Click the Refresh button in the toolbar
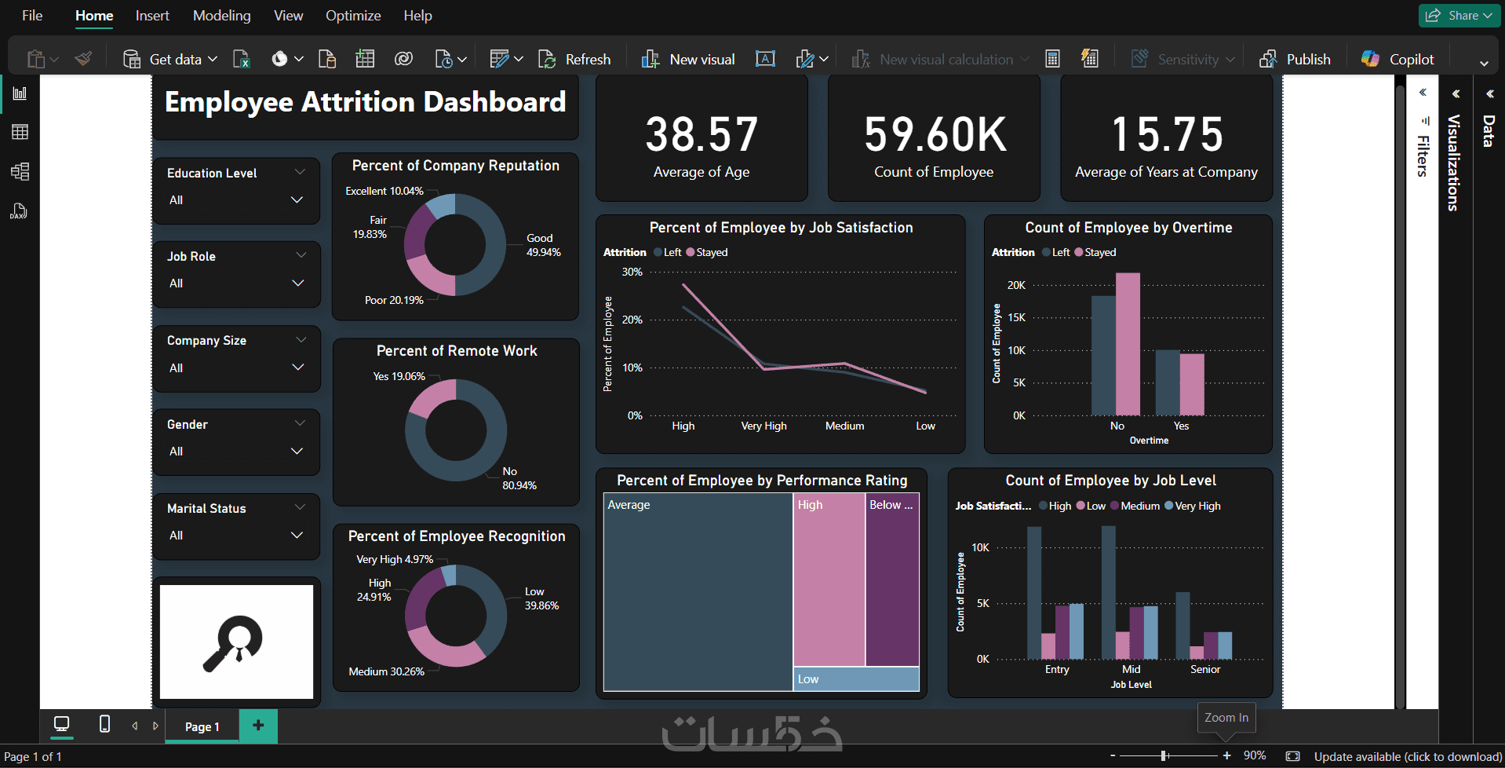tap(575, 59)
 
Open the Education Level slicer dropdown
tap(297, 200)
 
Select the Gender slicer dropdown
tap(297, 452)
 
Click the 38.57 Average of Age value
tap(701, 134)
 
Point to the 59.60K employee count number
tap(935, 134)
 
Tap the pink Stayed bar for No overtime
tap(1128, 344)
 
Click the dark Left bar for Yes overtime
tap(1167, 382)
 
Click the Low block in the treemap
tap(856, 679)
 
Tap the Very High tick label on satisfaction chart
tap(763, 426)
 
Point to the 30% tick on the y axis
tap(632, 272)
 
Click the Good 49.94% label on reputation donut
tap(543, 245)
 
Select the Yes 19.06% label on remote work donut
tap(399, 376)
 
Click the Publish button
tap(1295, 59)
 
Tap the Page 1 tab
tap(202, 726)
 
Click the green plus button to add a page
tap(258, 725)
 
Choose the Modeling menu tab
tap(222, 16)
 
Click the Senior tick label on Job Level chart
tap(1204, 669)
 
